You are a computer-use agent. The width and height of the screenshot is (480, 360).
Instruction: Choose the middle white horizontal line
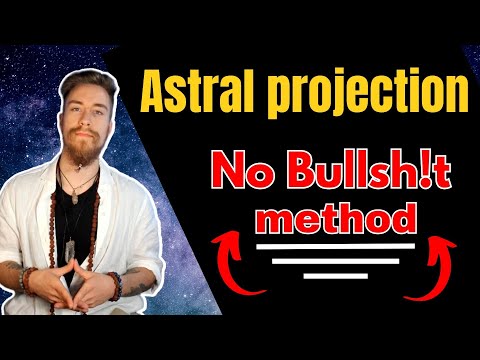(x=336, y=262)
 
